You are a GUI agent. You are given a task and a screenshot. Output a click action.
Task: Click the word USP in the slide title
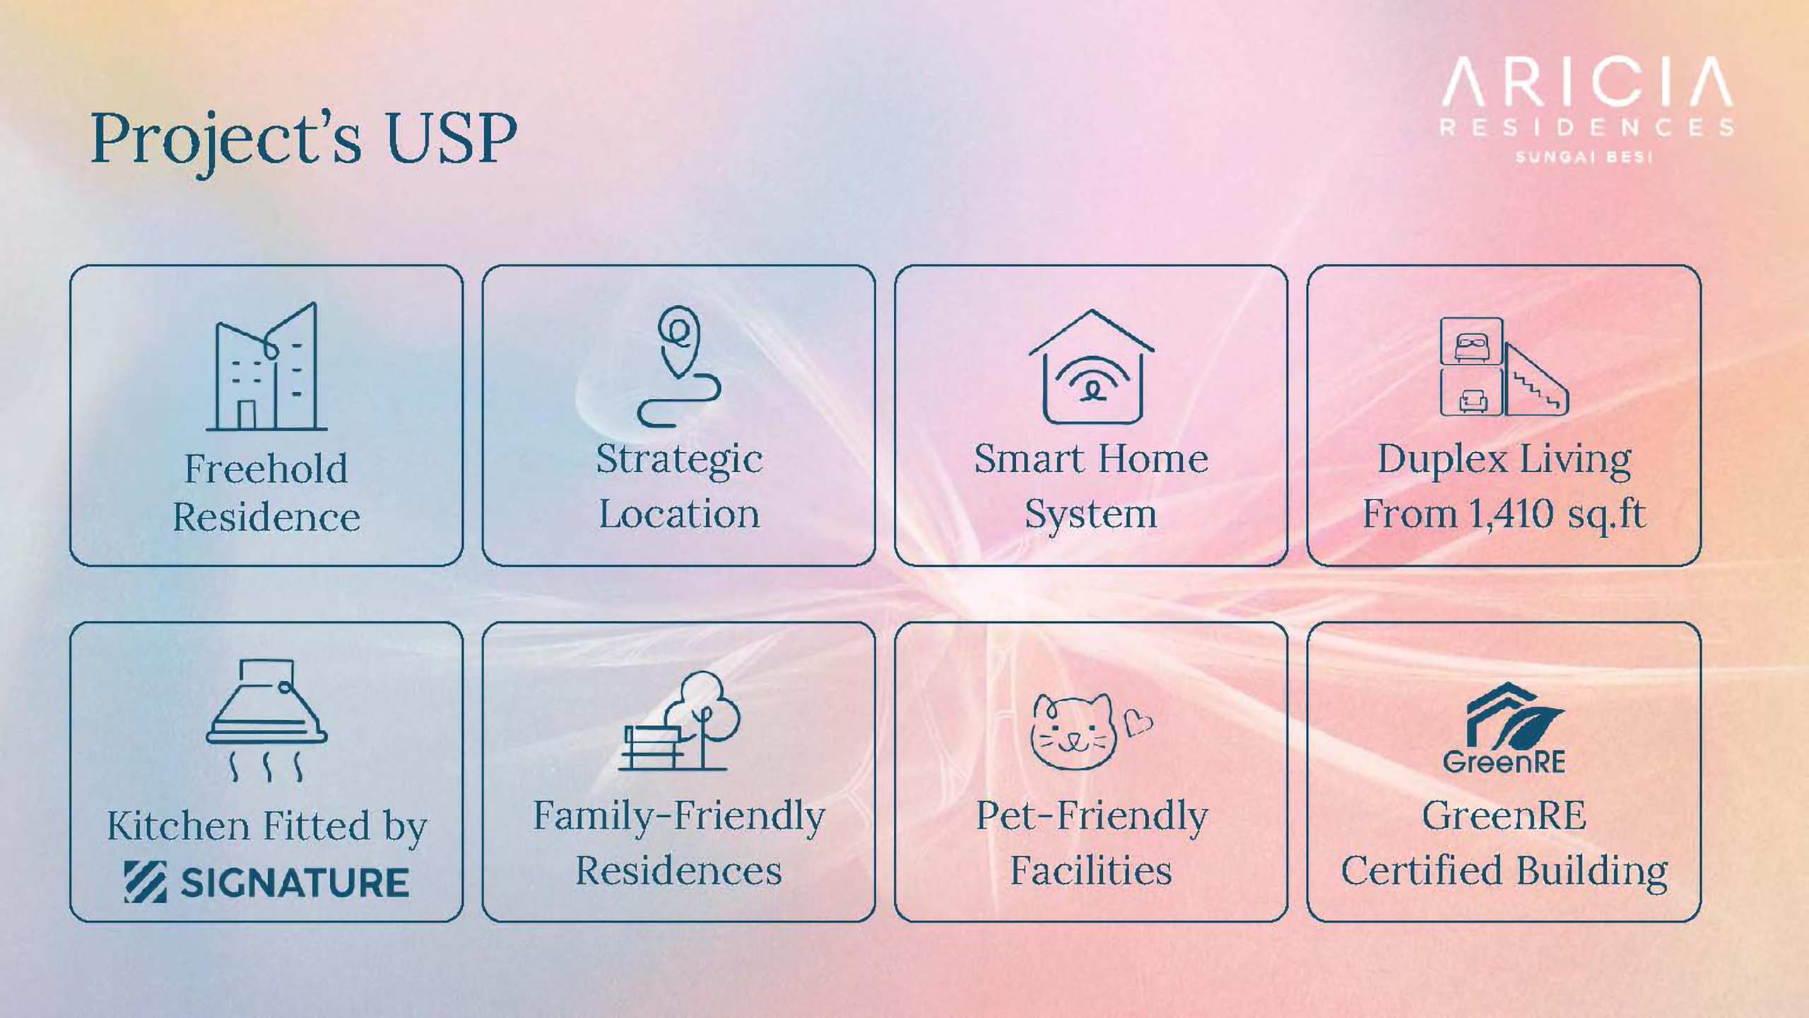coord(452,138)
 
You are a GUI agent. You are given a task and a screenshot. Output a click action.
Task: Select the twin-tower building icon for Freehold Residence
coord(266,367)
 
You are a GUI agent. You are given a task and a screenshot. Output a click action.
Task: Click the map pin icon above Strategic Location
coord(679,366)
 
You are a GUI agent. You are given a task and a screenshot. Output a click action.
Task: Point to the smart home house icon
coord(1092,367)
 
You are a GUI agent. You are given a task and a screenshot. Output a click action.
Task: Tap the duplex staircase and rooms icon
coord(1504,367)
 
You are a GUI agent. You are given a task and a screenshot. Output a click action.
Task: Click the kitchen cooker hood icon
coord(266,720)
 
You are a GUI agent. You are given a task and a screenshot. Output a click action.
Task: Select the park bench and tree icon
coord(679,720)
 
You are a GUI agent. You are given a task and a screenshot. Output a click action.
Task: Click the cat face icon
coord(1073,732)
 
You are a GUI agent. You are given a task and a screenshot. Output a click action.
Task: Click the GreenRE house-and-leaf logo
coord(1504,728)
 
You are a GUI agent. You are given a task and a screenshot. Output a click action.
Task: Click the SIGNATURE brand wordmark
coord(266,882)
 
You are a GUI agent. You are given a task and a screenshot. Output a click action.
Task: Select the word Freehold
coord(266,468)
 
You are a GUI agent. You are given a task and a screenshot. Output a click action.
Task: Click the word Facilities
coord(1091,870)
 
